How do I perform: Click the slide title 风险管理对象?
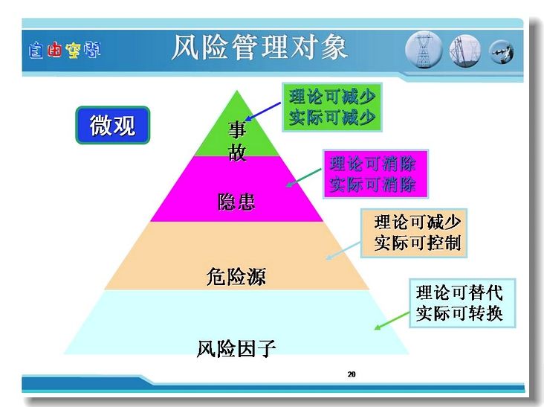click(259, 47)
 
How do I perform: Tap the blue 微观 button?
click(113, 125)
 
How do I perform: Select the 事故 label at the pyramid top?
click(237, 141)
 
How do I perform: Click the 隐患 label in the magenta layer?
click(236, 202)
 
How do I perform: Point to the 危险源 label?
click(236, 277)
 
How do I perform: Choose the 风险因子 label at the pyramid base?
click(236, 348)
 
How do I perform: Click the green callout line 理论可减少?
click(332, 97)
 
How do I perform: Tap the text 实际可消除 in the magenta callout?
click(372, 184)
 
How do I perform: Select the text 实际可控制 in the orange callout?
click(418, 243)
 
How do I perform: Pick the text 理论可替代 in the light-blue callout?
click(459, 292)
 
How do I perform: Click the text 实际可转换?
click(459, 313)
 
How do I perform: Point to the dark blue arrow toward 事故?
click(262, 112)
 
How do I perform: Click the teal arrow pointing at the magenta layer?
click(303, 178)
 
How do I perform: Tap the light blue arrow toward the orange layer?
click(343, 251)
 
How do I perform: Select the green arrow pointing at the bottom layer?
click(392, 321)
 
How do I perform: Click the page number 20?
click(352, 374)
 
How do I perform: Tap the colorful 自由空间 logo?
click(65, 51)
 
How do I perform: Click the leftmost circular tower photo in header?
click(424, 49)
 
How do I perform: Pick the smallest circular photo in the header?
click(502, 52)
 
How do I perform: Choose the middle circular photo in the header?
click(465, 51)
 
